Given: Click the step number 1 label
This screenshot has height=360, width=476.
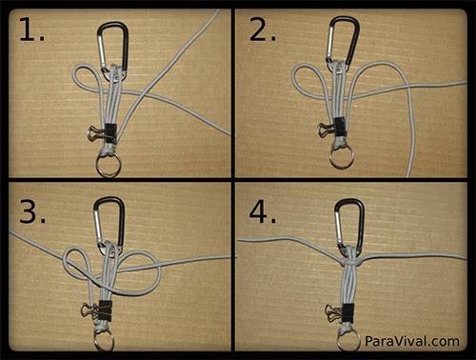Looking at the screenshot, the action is (x=31, y=30).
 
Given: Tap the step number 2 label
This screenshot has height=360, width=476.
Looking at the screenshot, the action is (x=263, y=30).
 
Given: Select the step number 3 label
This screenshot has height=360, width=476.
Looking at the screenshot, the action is (x=32, y=211).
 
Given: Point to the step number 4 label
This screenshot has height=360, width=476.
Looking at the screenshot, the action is (x=263, y=211).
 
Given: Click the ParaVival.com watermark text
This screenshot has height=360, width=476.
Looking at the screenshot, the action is (x=412, y=341).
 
